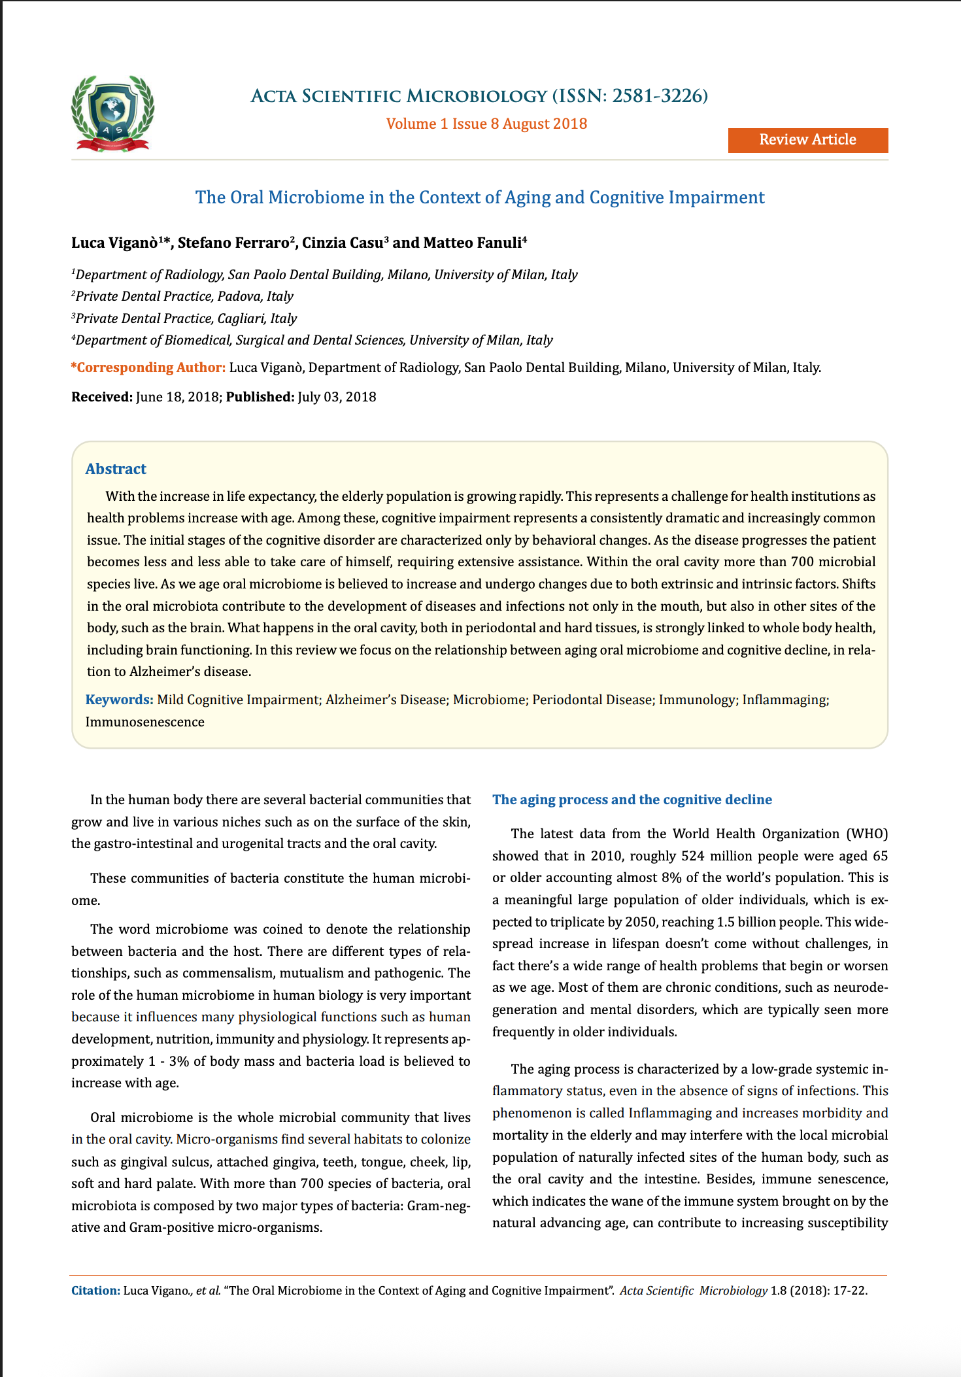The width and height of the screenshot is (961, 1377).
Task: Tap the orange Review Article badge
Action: point(807,140)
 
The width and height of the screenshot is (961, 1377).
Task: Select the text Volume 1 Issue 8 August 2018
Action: point(486,124)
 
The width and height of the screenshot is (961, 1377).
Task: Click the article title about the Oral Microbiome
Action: point(480,197)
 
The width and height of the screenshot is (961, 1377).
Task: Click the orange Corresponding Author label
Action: point(148,367)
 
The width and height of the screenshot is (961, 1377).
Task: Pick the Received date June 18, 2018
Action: point(177,397)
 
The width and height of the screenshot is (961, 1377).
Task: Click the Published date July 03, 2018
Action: point(337,397)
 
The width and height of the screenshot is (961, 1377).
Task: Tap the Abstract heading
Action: point(116,469)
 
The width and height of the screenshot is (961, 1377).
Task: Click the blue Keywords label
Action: point(119,700)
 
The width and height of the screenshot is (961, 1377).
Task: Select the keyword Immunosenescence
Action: point(144,722)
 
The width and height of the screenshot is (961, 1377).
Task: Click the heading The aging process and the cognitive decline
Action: point(632,800)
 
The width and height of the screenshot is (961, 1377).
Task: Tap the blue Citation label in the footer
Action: point(95,1291)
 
